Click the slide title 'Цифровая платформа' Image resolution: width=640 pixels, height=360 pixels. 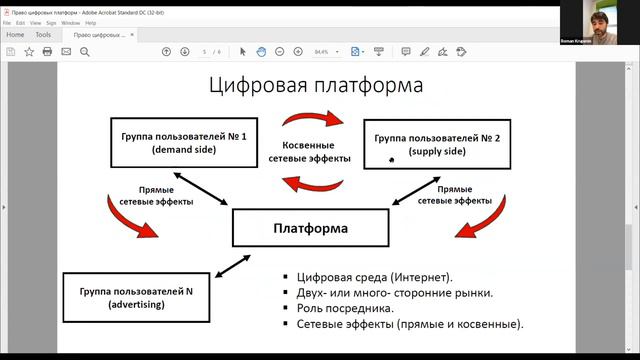[315, 85]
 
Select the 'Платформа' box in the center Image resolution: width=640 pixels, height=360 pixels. [310, 228]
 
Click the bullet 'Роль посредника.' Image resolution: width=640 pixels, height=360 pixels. [344, 309]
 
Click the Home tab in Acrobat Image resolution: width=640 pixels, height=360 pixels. [15, 34]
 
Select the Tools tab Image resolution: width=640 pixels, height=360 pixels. [43, 34]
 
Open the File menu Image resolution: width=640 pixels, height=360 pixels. [7, 21]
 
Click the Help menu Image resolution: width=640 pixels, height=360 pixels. [91, 21]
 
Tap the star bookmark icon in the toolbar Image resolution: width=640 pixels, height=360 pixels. [29, 51]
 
